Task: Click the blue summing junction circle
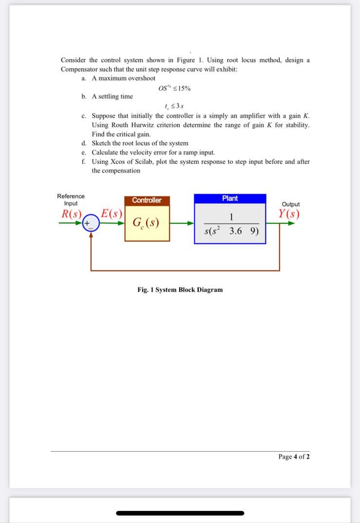91,224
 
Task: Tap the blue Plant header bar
230,198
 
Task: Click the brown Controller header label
147,200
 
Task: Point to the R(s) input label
71,214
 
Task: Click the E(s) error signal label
111,214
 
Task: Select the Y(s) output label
289,214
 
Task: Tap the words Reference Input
71,199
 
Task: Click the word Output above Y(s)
291,204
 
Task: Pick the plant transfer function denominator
231,231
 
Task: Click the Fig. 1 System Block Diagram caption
180,290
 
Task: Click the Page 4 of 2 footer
294,457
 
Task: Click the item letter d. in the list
84,143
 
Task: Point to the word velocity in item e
145,153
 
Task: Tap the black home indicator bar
180,513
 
